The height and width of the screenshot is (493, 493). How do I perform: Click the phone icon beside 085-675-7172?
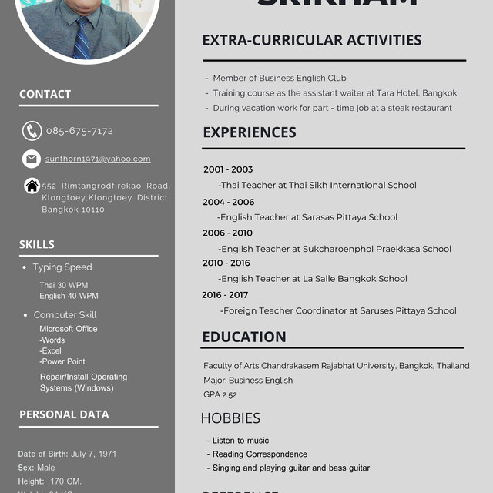pos(32,131)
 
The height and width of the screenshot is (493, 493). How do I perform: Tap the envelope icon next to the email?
pos(32,159)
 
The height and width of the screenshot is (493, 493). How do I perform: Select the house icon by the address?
pos(32,186)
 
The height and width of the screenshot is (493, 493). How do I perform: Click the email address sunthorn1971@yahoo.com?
pos(98,159)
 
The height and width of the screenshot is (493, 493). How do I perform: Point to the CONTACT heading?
pos(45,94)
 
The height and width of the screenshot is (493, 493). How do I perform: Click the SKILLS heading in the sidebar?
pos(37,244)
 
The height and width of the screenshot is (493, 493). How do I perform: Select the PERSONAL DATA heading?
pos(64,414)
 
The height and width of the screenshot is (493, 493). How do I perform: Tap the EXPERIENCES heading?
pos(249,132)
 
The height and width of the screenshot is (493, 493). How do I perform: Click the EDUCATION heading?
pos(244,337)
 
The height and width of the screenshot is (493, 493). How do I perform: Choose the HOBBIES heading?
pos(230,418)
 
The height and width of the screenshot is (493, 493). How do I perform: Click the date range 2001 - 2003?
pos(228,169)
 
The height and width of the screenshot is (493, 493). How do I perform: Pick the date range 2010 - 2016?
pos(226,263)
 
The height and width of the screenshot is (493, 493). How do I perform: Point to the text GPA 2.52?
pos(220,394)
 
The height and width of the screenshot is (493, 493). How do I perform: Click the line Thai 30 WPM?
pos(64,285)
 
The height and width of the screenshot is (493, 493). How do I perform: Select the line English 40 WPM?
pos(69,296)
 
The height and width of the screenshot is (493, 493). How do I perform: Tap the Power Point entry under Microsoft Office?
pos(62,361)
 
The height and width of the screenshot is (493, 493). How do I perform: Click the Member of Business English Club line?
pos(280,78)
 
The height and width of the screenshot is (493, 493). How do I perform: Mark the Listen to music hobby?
pos(240,441)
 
